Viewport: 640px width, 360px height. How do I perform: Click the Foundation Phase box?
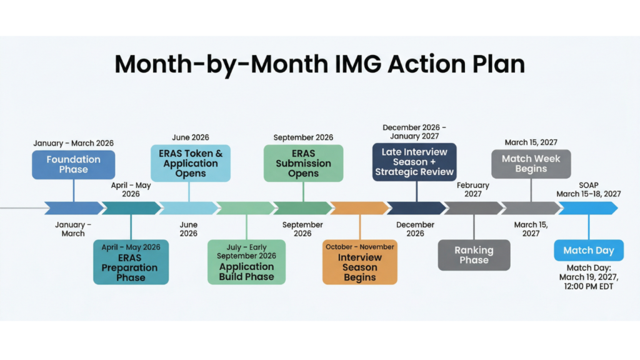(74, 164)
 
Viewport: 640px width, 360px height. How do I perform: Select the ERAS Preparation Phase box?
(131, 262)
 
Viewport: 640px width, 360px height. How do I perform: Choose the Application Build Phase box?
(246, 262)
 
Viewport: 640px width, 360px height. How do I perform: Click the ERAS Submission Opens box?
(303, 163)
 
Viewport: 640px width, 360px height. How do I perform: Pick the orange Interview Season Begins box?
(360, 262)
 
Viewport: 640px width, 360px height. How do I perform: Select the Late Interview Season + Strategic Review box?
(414, 162)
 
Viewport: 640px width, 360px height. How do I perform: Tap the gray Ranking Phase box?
(474, 255)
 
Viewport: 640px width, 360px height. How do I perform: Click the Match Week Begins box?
(531, 164)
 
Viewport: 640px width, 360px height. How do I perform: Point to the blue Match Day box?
(589, 251)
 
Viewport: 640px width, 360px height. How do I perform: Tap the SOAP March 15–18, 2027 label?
(589, 189)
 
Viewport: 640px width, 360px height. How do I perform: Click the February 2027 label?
(474, 190)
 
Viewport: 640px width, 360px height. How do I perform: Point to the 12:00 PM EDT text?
(588, 287)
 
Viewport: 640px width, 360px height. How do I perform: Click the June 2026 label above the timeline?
(191, 137)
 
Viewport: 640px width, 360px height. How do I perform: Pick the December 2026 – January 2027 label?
(414, 132)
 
